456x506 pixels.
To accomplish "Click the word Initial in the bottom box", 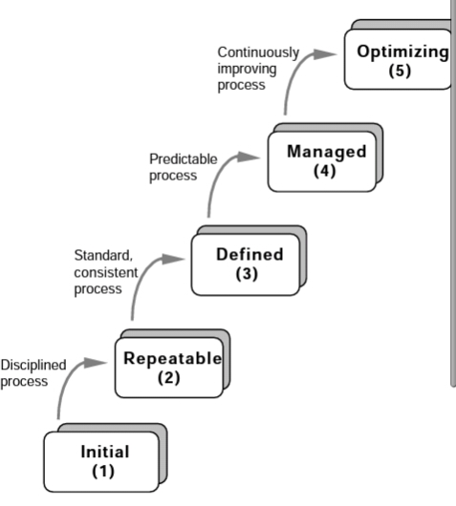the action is coord(105,452).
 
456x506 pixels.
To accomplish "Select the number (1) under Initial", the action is coord(103,471).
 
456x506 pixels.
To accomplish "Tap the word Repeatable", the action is coord(173,359).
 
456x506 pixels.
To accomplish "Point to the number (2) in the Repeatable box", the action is coord(168,377).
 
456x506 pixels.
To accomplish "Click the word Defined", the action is coord(250,254).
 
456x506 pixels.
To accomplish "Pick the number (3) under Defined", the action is coord(247,274).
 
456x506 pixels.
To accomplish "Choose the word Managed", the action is coord(327,152).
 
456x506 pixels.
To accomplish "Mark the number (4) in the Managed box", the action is coord(324,171).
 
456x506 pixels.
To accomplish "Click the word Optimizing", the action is coord(402,53).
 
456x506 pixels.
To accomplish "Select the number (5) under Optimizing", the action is coord(400,71).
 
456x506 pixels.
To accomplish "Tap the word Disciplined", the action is coord(33,365).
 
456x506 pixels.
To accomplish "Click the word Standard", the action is coord(103,255).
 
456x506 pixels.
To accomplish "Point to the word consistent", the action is coord(106,273).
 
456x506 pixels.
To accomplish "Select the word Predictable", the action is coord(184,159).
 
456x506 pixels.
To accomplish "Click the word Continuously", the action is coord(258,53).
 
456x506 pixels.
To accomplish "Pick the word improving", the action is coord(247,69).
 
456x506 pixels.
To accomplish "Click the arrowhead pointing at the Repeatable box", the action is coord(95,363).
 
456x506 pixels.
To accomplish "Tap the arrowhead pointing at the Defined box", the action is coord(173,259).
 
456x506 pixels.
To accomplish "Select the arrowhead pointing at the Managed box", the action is coord(249,158).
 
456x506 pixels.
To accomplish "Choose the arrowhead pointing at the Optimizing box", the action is coord(325,54).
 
